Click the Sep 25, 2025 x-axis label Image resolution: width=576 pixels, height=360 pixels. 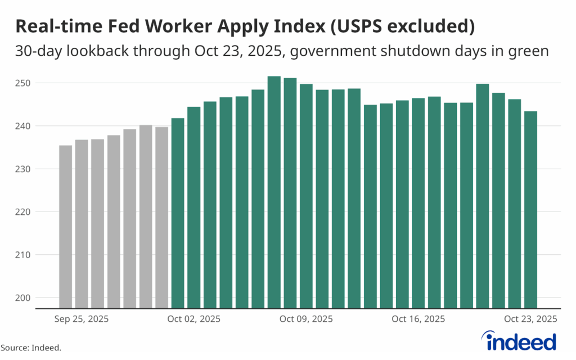(x=82, y=319)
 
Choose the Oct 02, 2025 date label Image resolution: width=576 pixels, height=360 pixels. (x=193, y=319)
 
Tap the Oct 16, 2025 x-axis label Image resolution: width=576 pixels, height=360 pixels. (x=418, y=319)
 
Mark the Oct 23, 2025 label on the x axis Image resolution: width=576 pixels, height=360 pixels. (x=530, y=319)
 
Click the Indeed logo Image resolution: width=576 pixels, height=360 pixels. (x=519, y=340)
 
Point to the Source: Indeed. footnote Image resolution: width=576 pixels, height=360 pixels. (x=31, y=348)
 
